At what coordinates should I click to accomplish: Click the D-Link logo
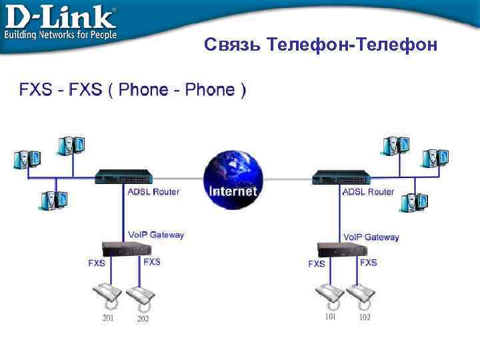[x=60, y=16]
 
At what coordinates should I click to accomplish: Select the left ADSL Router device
[x=123, y=177]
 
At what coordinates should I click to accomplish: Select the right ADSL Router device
[x=341, y=177]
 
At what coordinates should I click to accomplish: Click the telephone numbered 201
[x=107, y=294]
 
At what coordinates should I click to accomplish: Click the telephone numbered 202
[x=141, y=295]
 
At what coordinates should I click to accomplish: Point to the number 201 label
[x=108, y=318]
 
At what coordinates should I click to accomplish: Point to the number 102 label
[x=365, y=317]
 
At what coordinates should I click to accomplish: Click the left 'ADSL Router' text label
[x=153, y=192]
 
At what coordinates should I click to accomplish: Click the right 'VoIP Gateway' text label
[x=371, y=237]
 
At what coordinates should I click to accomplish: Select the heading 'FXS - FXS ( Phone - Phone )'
[x=133, y=90]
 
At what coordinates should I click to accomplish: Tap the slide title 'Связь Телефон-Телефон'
[x=321, y=45]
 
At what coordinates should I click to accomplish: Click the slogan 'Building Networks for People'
[x=61, y=34]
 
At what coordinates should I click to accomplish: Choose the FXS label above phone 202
[x=152, y=262]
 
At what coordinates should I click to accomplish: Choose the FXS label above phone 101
[x=317, y=264]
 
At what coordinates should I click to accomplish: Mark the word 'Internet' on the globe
[x=233, y=191]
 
